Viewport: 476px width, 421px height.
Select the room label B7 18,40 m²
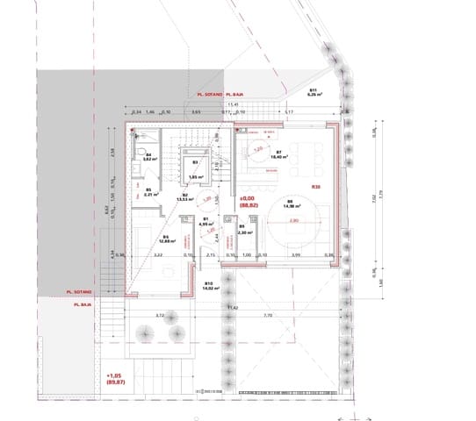[x=278, y=154]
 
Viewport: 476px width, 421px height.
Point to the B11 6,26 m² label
[x=312, y=93]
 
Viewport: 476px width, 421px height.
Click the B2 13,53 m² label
[x=186, y=197]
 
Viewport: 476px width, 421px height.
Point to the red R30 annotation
[x=316, y=187]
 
